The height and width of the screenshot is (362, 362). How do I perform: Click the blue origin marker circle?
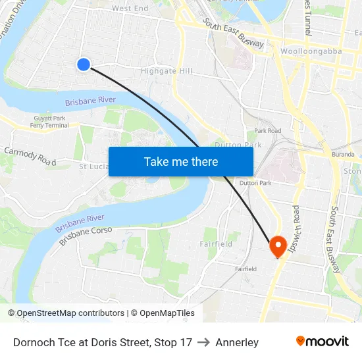pos(83,64)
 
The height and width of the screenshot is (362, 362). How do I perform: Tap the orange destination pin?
pos(277,247)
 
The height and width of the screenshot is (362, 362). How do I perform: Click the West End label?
pos(130,9)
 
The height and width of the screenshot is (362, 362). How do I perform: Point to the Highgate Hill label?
pos(167,71)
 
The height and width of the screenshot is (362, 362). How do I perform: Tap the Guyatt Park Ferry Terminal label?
pos(49,122)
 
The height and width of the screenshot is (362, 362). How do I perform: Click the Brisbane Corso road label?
pos(86,236)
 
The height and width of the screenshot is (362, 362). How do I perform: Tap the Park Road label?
pos(268,131)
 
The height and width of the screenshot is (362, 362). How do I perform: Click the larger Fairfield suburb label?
pos(216,244)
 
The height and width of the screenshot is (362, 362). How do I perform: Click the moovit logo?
pos(323,342)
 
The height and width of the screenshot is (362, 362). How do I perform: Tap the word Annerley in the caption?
pos(237,342)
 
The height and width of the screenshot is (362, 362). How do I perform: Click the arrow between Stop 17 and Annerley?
pos(203,342)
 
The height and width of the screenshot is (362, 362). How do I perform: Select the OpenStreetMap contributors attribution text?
pos(70,313)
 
